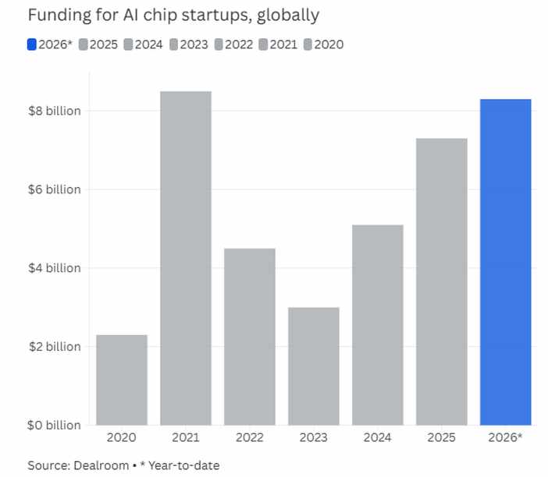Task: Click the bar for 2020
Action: [122, 380]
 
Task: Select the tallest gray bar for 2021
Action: [186, 258]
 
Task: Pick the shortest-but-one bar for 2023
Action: [314, 366]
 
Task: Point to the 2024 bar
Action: [378, 324]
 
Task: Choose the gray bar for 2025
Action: [442, 281]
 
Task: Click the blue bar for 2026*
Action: [506, 262]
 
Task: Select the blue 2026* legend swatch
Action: [33, 44]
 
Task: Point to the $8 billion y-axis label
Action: [54, 111]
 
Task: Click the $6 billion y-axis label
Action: [54, 189]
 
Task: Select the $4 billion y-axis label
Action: [54, 268]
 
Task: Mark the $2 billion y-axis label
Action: [54, 346]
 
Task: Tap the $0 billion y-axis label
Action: [54, 425]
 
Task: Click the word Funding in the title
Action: [55, 15]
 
